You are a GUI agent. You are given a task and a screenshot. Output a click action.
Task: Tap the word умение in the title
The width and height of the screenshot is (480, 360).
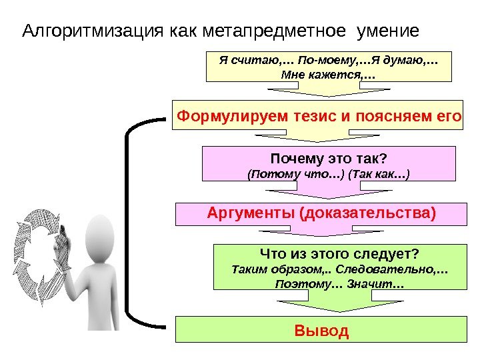coord(389,31)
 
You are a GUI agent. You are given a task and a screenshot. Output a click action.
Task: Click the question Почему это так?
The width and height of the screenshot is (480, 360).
coord(329,159)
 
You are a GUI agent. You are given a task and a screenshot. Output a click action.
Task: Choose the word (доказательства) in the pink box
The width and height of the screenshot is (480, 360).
coord(367,213)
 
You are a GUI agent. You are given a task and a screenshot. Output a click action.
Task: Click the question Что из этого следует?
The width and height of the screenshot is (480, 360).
coord(338,254)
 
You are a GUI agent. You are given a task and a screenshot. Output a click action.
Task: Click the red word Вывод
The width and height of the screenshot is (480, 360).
coord(321,331)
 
